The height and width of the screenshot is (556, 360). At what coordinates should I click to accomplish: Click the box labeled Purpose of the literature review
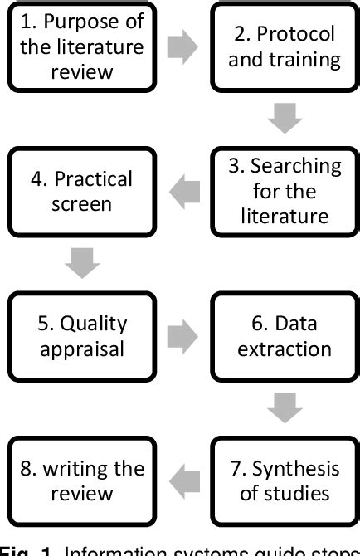tap(81, 46)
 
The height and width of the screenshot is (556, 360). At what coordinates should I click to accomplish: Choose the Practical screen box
tap(81, 191)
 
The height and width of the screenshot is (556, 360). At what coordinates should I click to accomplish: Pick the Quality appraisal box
tap(81, 335)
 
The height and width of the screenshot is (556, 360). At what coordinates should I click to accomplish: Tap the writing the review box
tap(81, 480)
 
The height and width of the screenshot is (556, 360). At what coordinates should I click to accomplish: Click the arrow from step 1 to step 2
tap(182, 47)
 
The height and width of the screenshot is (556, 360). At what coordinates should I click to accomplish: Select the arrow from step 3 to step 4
tap(182, 192)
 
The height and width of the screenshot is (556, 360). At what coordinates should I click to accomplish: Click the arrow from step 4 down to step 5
tap(82, 264)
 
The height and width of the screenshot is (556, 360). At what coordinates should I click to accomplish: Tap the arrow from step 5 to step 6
tap(182, 336)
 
